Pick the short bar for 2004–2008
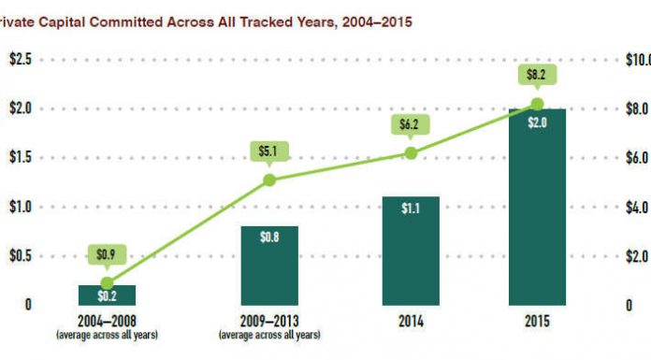point(107,295)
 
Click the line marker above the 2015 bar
point(537,104)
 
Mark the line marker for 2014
point(410,153)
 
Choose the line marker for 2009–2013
point(268,180)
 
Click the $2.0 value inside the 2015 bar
point(537,122)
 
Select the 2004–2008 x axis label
point(107,320)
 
